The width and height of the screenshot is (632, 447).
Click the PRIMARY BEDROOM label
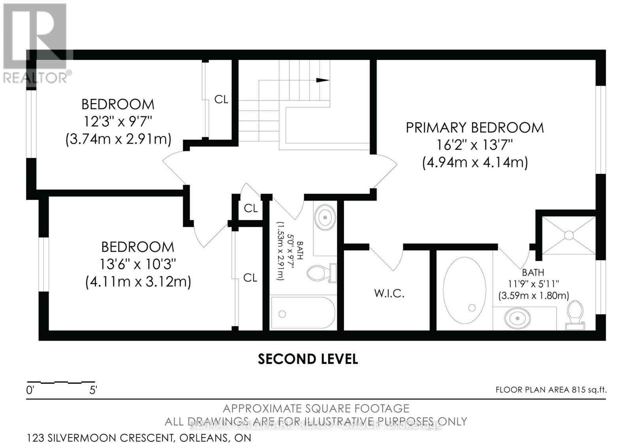(x=475, y=128)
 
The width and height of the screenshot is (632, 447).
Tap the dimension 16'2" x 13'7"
(x=474, y=145)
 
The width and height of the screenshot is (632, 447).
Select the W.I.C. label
(x=389, y=294)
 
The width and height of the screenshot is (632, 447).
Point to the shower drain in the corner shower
(x=568, y=235)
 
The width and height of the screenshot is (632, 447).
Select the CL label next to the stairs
(x=221, y=99)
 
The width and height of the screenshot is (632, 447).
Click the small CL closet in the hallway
(x=250, y=208)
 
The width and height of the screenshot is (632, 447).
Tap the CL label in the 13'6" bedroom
(x=250, y=278)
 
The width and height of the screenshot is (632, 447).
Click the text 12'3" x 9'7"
(x=118, y=121)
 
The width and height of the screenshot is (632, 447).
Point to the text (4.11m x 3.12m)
(x=138, y=282)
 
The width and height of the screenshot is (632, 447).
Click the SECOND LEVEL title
(x=308, y=359)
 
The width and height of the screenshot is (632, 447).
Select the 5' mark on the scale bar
(x=93, y=390)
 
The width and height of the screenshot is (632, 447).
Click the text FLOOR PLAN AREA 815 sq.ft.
(x=551, y=390)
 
